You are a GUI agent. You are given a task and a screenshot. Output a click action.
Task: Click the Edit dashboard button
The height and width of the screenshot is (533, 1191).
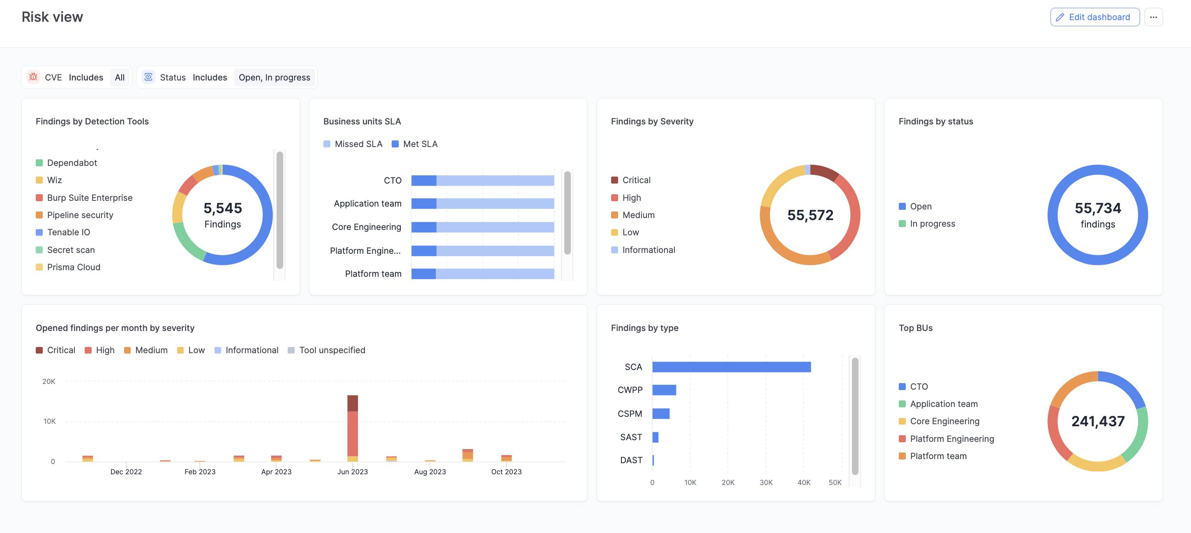tap(1094, 17)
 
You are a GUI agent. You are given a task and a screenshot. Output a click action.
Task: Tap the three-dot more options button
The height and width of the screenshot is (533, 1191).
tap(1153, 17)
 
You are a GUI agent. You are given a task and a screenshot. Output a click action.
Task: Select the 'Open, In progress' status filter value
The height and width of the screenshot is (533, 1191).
tap(274, 78)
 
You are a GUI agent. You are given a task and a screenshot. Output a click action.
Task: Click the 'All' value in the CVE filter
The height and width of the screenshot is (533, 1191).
tap(119, 78)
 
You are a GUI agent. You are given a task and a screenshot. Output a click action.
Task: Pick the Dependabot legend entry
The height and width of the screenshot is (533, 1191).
tap(72, 163)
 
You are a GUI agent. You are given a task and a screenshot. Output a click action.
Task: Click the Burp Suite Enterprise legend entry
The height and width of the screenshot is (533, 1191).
tap(89, 198)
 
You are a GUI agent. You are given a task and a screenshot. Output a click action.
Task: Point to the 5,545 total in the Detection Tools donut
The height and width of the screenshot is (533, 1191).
tap(222, 208)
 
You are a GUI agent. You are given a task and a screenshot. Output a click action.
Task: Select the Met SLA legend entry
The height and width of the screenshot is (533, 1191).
tap(419, 144)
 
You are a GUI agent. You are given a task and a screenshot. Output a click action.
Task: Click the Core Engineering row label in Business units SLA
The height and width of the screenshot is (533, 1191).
tap(366, 227)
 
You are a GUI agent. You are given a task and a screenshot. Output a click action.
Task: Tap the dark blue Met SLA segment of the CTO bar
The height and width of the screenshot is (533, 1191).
tap(423, 181)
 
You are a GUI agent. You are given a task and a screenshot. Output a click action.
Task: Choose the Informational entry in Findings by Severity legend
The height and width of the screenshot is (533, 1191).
tap(648, 250)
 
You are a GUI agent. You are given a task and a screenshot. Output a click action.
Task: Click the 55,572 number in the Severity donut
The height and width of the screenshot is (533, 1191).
tap(810, 215)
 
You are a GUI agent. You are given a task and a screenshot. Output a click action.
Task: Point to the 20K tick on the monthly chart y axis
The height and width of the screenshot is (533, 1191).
tap(48, 381)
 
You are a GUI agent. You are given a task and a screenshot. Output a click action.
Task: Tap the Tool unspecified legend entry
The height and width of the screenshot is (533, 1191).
tap(332, 351)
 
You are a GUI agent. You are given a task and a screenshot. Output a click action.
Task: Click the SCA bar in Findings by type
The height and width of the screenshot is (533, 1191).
tap(731, 367)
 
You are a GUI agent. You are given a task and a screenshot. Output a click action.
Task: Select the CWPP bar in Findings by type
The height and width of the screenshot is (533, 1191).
tap(664, 390)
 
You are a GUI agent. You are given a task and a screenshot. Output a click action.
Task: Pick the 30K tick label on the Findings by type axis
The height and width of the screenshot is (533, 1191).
tap(766, 482)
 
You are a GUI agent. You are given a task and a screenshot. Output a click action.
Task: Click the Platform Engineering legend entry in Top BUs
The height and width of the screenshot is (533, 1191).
tap(951, 439)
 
